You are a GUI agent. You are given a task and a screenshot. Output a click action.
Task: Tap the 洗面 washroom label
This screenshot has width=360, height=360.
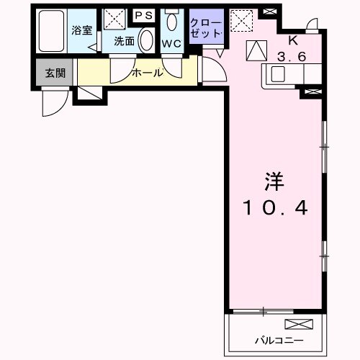tap(124, 41)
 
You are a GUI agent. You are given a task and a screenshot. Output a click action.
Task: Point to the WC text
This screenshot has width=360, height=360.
tap(171, 42)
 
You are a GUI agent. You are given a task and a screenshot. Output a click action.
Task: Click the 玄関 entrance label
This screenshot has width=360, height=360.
tap(55, 72)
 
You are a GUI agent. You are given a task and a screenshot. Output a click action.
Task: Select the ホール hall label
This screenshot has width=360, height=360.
tap(147, 72)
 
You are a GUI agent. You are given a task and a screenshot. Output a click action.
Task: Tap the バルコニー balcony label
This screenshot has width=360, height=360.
tap(278, 340)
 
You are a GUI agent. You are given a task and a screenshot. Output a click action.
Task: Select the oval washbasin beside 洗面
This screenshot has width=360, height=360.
tap(146, 40)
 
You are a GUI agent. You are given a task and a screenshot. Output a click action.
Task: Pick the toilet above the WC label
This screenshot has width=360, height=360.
tap(171, 21)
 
